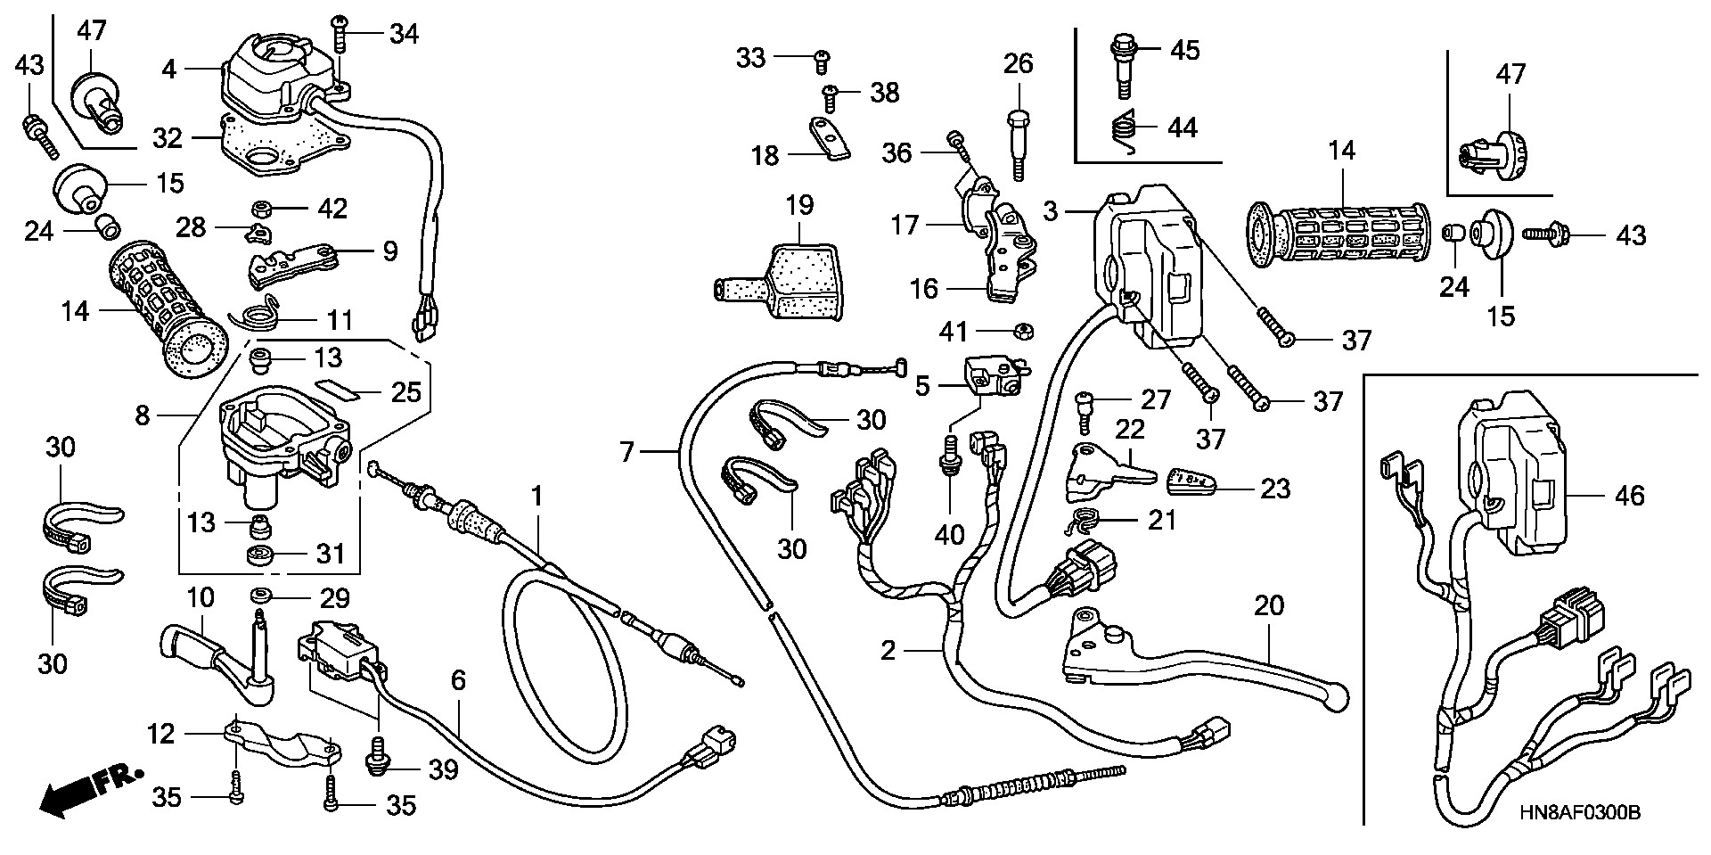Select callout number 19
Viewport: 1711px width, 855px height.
tap(799, 206)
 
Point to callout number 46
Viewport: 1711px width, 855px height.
tap(1630, 496)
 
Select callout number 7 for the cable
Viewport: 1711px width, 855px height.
tap(626, 453)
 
